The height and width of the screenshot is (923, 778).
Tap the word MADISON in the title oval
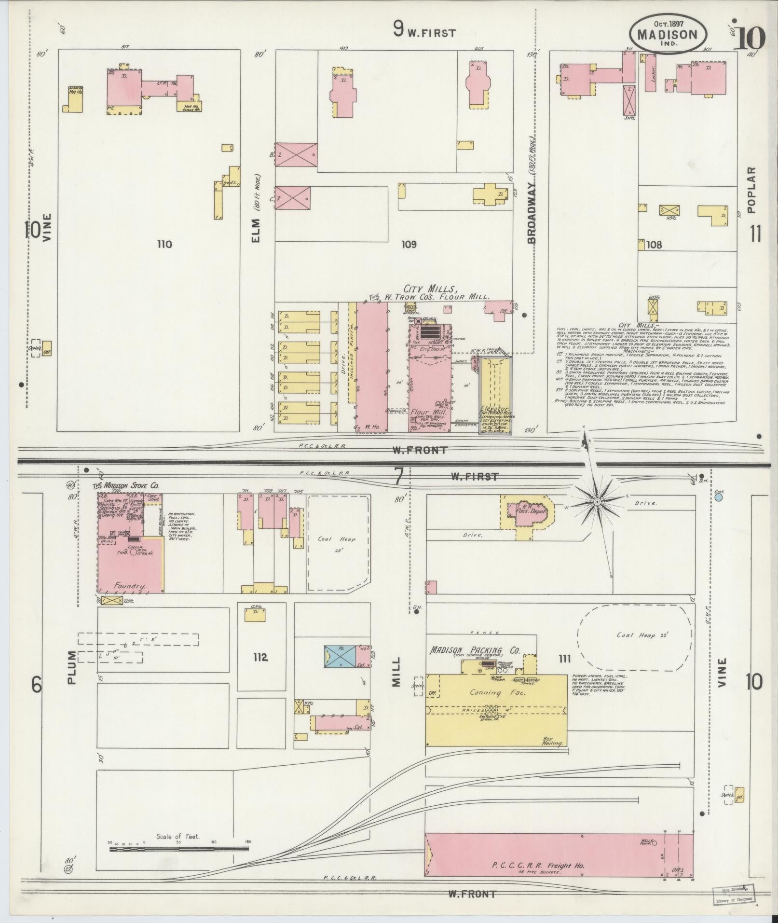(x=668, y=35)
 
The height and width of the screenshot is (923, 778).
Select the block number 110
(x=164, y=245)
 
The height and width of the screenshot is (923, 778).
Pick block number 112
(x=259, y=657)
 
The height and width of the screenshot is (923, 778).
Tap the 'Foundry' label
(x=129, y=586)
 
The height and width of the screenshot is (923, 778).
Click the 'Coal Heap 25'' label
(x=337, y=543)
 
